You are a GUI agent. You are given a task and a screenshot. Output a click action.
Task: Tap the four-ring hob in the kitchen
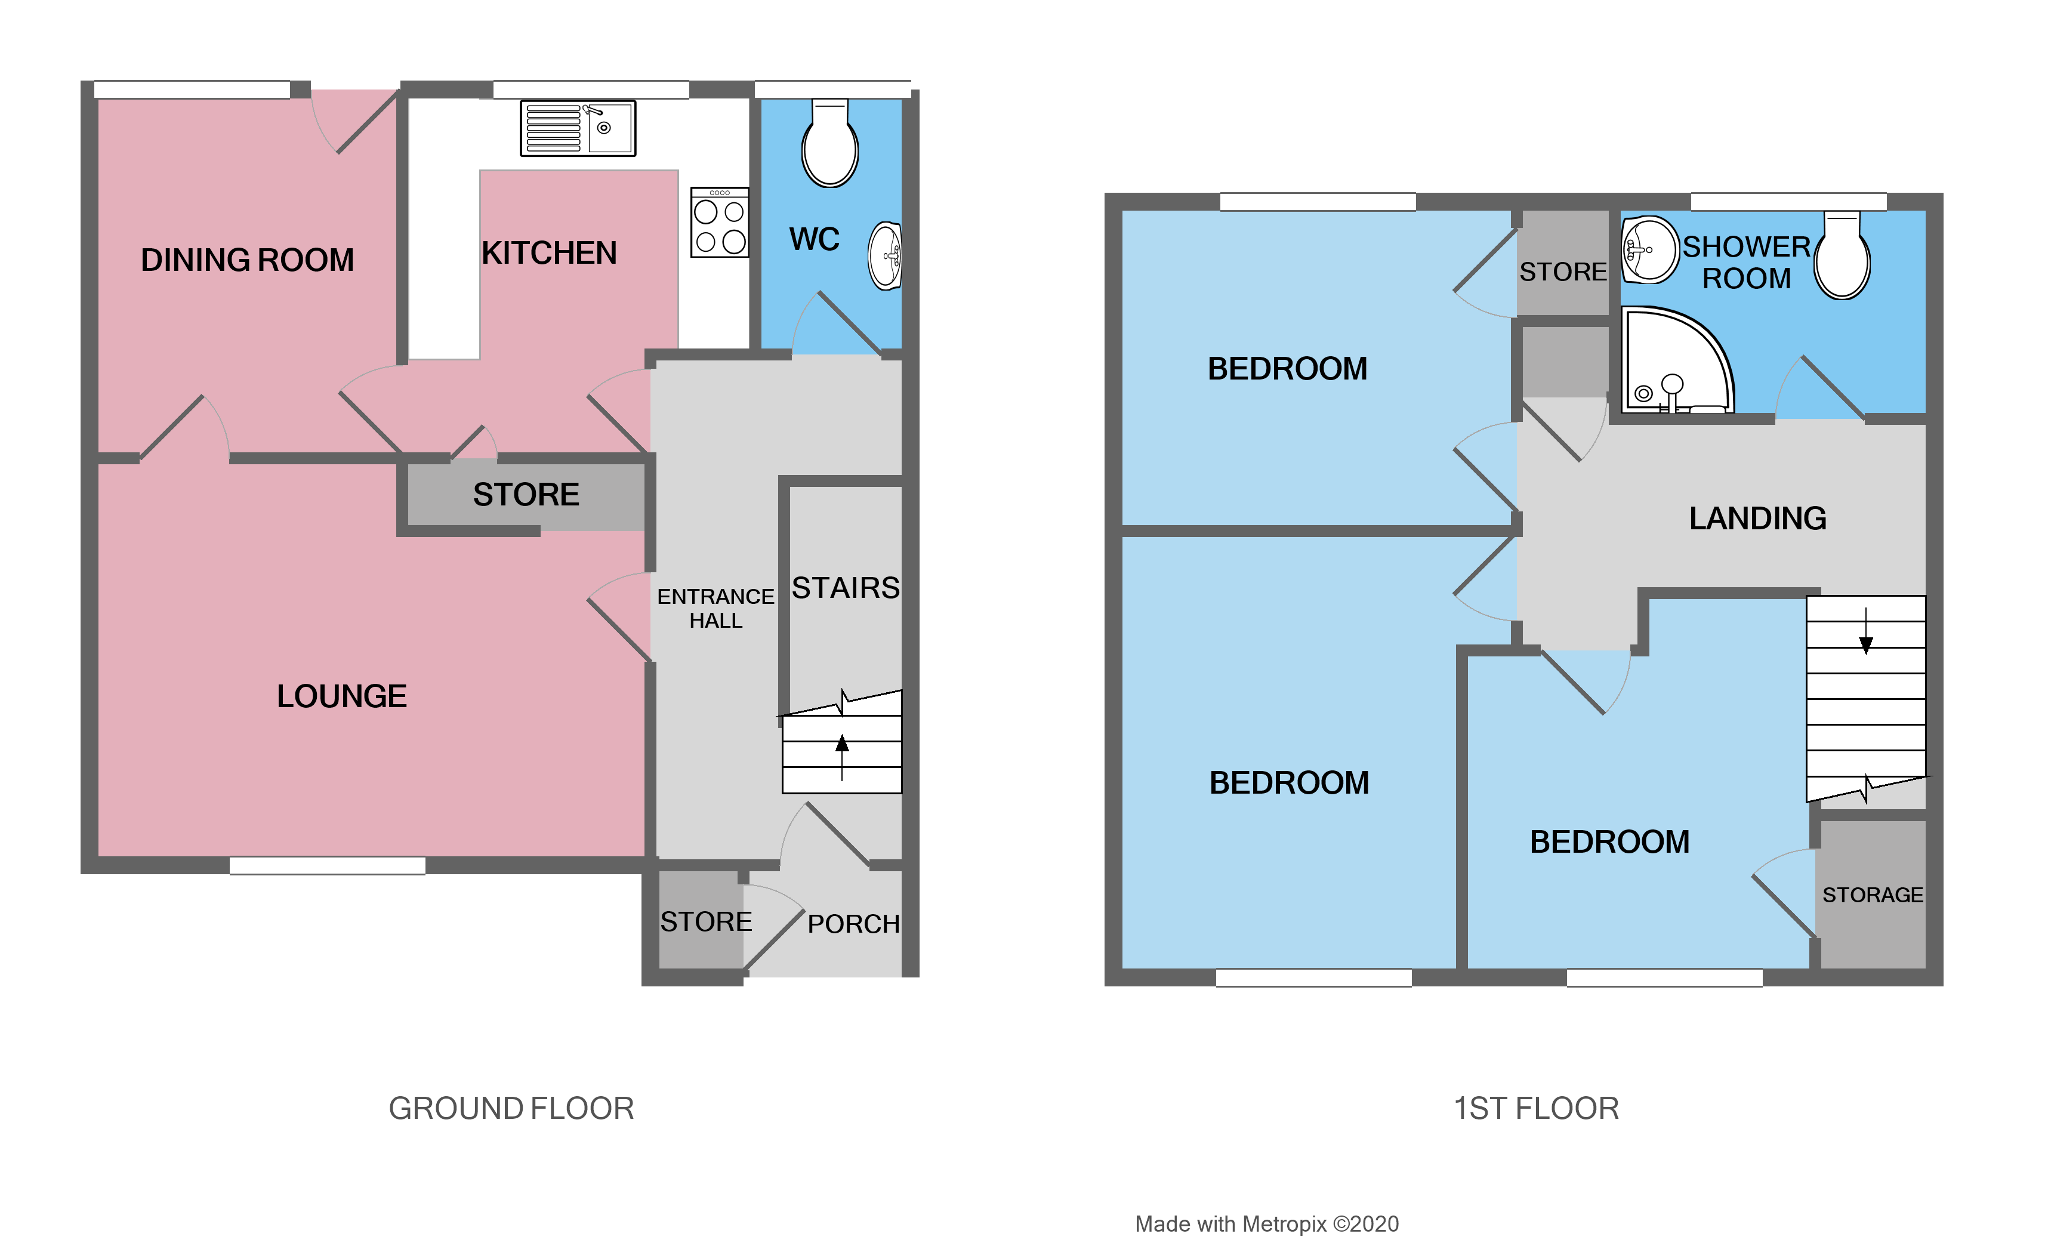pyautogui.click(x=720, y=222)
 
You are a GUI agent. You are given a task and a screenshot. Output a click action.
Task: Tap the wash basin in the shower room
pyautogui.click(x=1650, y=249)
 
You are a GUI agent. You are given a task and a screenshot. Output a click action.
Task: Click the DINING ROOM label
pyautogui.click(x=247, y=260)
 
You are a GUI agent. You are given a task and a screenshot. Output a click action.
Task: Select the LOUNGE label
pyautogui.click(x=341, y=696)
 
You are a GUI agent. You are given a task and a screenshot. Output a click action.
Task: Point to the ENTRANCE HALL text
pyautogui.click(x=715, y=609)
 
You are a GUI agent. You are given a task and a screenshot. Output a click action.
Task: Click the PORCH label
pyautogui.click(x=853, y=923)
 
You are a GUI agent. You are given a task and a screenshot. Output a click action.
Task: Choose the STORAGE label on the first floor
pyautogui.click(x=1873, y=895)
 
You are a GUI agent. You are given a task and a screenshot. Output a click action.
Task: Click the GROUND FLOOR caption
pyautogui.click(x=511, y=1109)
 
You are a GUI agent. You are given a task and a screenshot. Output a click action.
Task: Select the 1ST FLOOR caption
pyautogui.click(x=1536, y=1109)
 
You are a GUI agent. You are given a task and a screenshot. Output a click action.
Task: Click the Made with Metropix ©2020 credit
pyautogui.click(x=1267, y=1224)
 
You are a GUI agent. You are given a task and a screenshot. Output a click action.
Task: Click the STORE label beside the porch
pyautogui.click(x=706, y=922)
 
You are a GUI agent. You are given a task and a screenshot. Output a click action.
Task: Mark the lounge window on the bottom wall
pyautogui.click(x=328, y=866)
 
